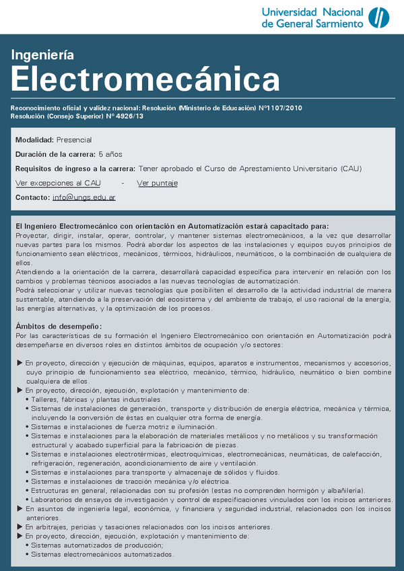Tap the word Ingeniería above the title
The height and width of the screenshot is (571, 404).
[42, 55]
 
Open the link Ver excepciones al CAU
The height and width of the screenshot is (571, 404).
[58, 182]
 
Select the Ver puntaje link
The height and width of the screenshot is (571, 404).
[157, 182]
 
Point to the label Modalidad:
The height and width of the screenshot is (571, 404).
[34, 139]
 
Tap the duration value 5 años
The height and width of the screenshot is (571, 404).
[110, 154]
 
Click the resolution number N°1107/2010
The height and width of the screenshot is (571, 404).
[281, 108]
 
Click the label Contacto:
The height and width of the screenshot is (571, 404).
[32, 197]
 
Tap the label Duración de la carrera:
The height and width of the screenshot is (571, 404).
[55, 154]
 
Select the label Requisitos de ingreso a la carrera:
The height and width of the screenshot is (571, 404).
[75, 168]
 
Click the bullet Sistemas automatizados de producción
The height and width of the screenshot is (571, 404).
[97, 545]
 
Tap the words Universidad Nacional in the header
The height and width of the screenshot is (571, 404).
[312, 12]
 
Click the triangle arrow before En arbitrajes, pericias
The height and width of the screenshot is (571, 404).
[20, 527]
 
